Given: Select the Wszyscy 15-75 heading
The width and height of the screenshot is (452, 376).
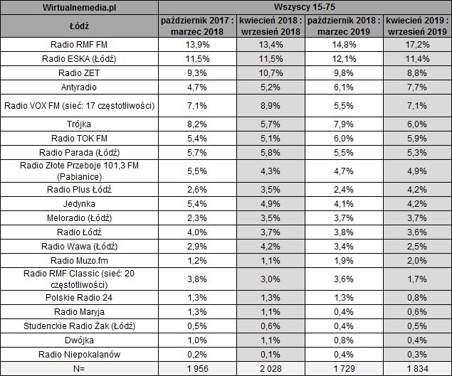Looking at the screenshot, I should pos(304,9).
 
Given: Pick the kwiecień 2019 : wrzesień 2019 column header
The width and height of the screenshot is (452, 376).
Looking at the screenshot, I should pos(416,27).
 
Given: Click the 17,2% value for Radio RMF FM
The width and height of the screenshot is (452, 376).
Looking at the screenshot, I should pos(416,45).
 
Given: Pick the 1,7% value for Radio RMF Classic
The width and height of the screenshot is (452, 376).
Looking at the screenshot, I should pos(416,279).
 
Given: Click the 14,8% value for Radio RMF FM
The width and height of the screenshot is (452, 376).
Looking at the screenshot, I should pos(342,45).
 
